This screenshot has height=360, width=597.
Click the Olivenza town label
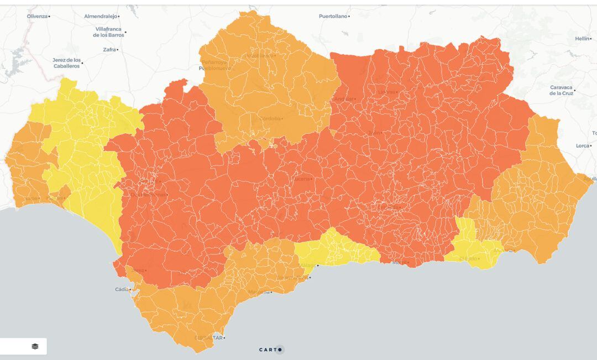pos(37,16)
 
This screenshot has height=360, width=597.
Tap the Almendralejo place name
pos(101,16)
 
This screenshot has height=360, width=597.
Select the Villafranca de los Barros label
pos(108,32)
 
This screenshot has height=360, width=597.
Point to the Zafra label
pos(109,50)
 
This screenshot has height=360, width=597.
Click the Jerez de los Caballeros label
pos(66,62)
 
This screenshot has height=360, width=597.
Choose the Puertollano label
pos(333,16)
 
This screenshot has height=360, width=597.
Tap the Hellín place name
pos(582,39)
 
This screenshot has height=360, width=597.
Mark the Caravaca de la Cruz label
pos(561,90)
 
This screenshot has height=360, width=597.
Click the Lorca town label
pos(582,145)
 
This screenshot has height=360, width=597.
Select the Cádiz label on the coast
pos(122,289)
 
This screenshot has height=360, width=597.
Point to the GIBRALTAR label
pos(209,338)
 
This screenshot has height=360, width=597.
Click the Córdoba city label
pos(270,118)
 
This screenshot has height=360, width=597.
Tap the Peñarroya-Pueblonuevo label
pos(214,65)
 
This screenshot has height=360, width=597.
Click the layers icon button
pos(35,346)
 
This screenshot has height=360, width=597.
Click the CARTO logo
pos(271,349)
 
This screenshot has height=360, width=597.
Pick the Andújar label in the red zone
pos(343,99)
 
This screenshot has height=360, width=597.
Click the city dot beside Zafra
pos(118,50)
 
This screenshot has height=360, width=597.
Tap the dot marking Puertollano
pos(349,17)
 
